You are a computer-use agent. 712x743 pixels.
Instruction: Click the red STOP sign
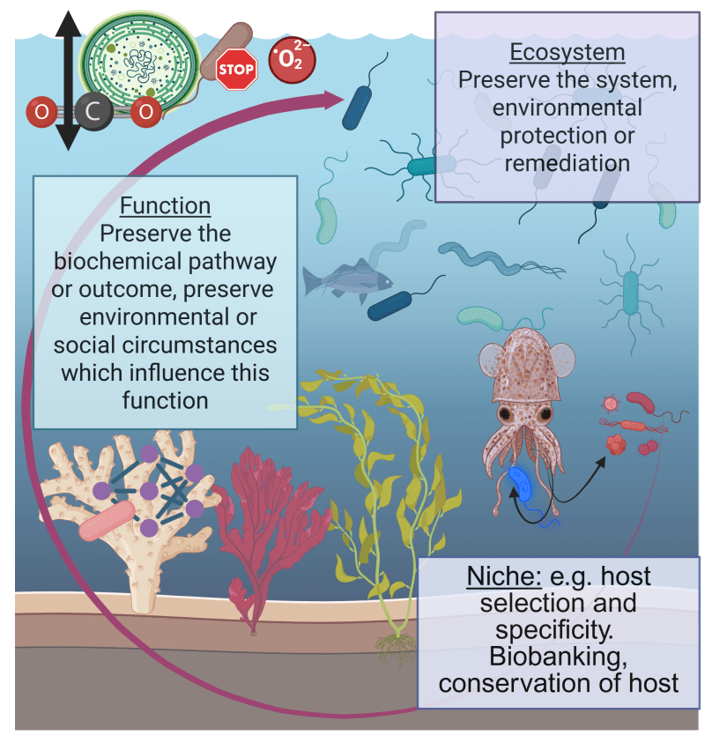tap(236, 69)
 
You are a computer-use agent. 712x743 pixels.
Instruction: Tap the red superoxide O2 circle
tap(292, 59)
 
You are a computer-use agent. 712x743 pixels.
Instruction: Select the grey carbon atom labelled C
tap(93, 111)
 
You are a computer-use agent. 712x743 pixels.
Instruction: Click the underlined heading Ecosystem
tap(567, 52)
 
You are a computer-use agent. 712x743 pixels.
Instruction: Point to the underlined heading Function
tap(166, 206)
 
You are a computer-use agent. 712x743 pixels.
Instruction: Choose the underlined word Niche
tap(504, 576)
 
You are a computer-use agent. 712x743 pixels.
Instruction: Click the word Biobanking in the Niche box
tap(558, 657)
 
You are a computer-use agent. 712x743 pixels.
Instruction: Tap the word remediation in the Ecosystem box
tap(567, 163)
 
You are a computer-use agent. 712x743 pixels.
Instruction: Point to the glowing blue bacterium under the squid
tap(521, 484)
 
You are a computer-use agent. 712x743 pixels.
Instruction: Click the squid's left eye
tap(505, 414)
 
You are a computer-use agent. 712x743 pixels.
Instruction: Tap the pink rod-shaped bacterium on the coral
tap(107, 521)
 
